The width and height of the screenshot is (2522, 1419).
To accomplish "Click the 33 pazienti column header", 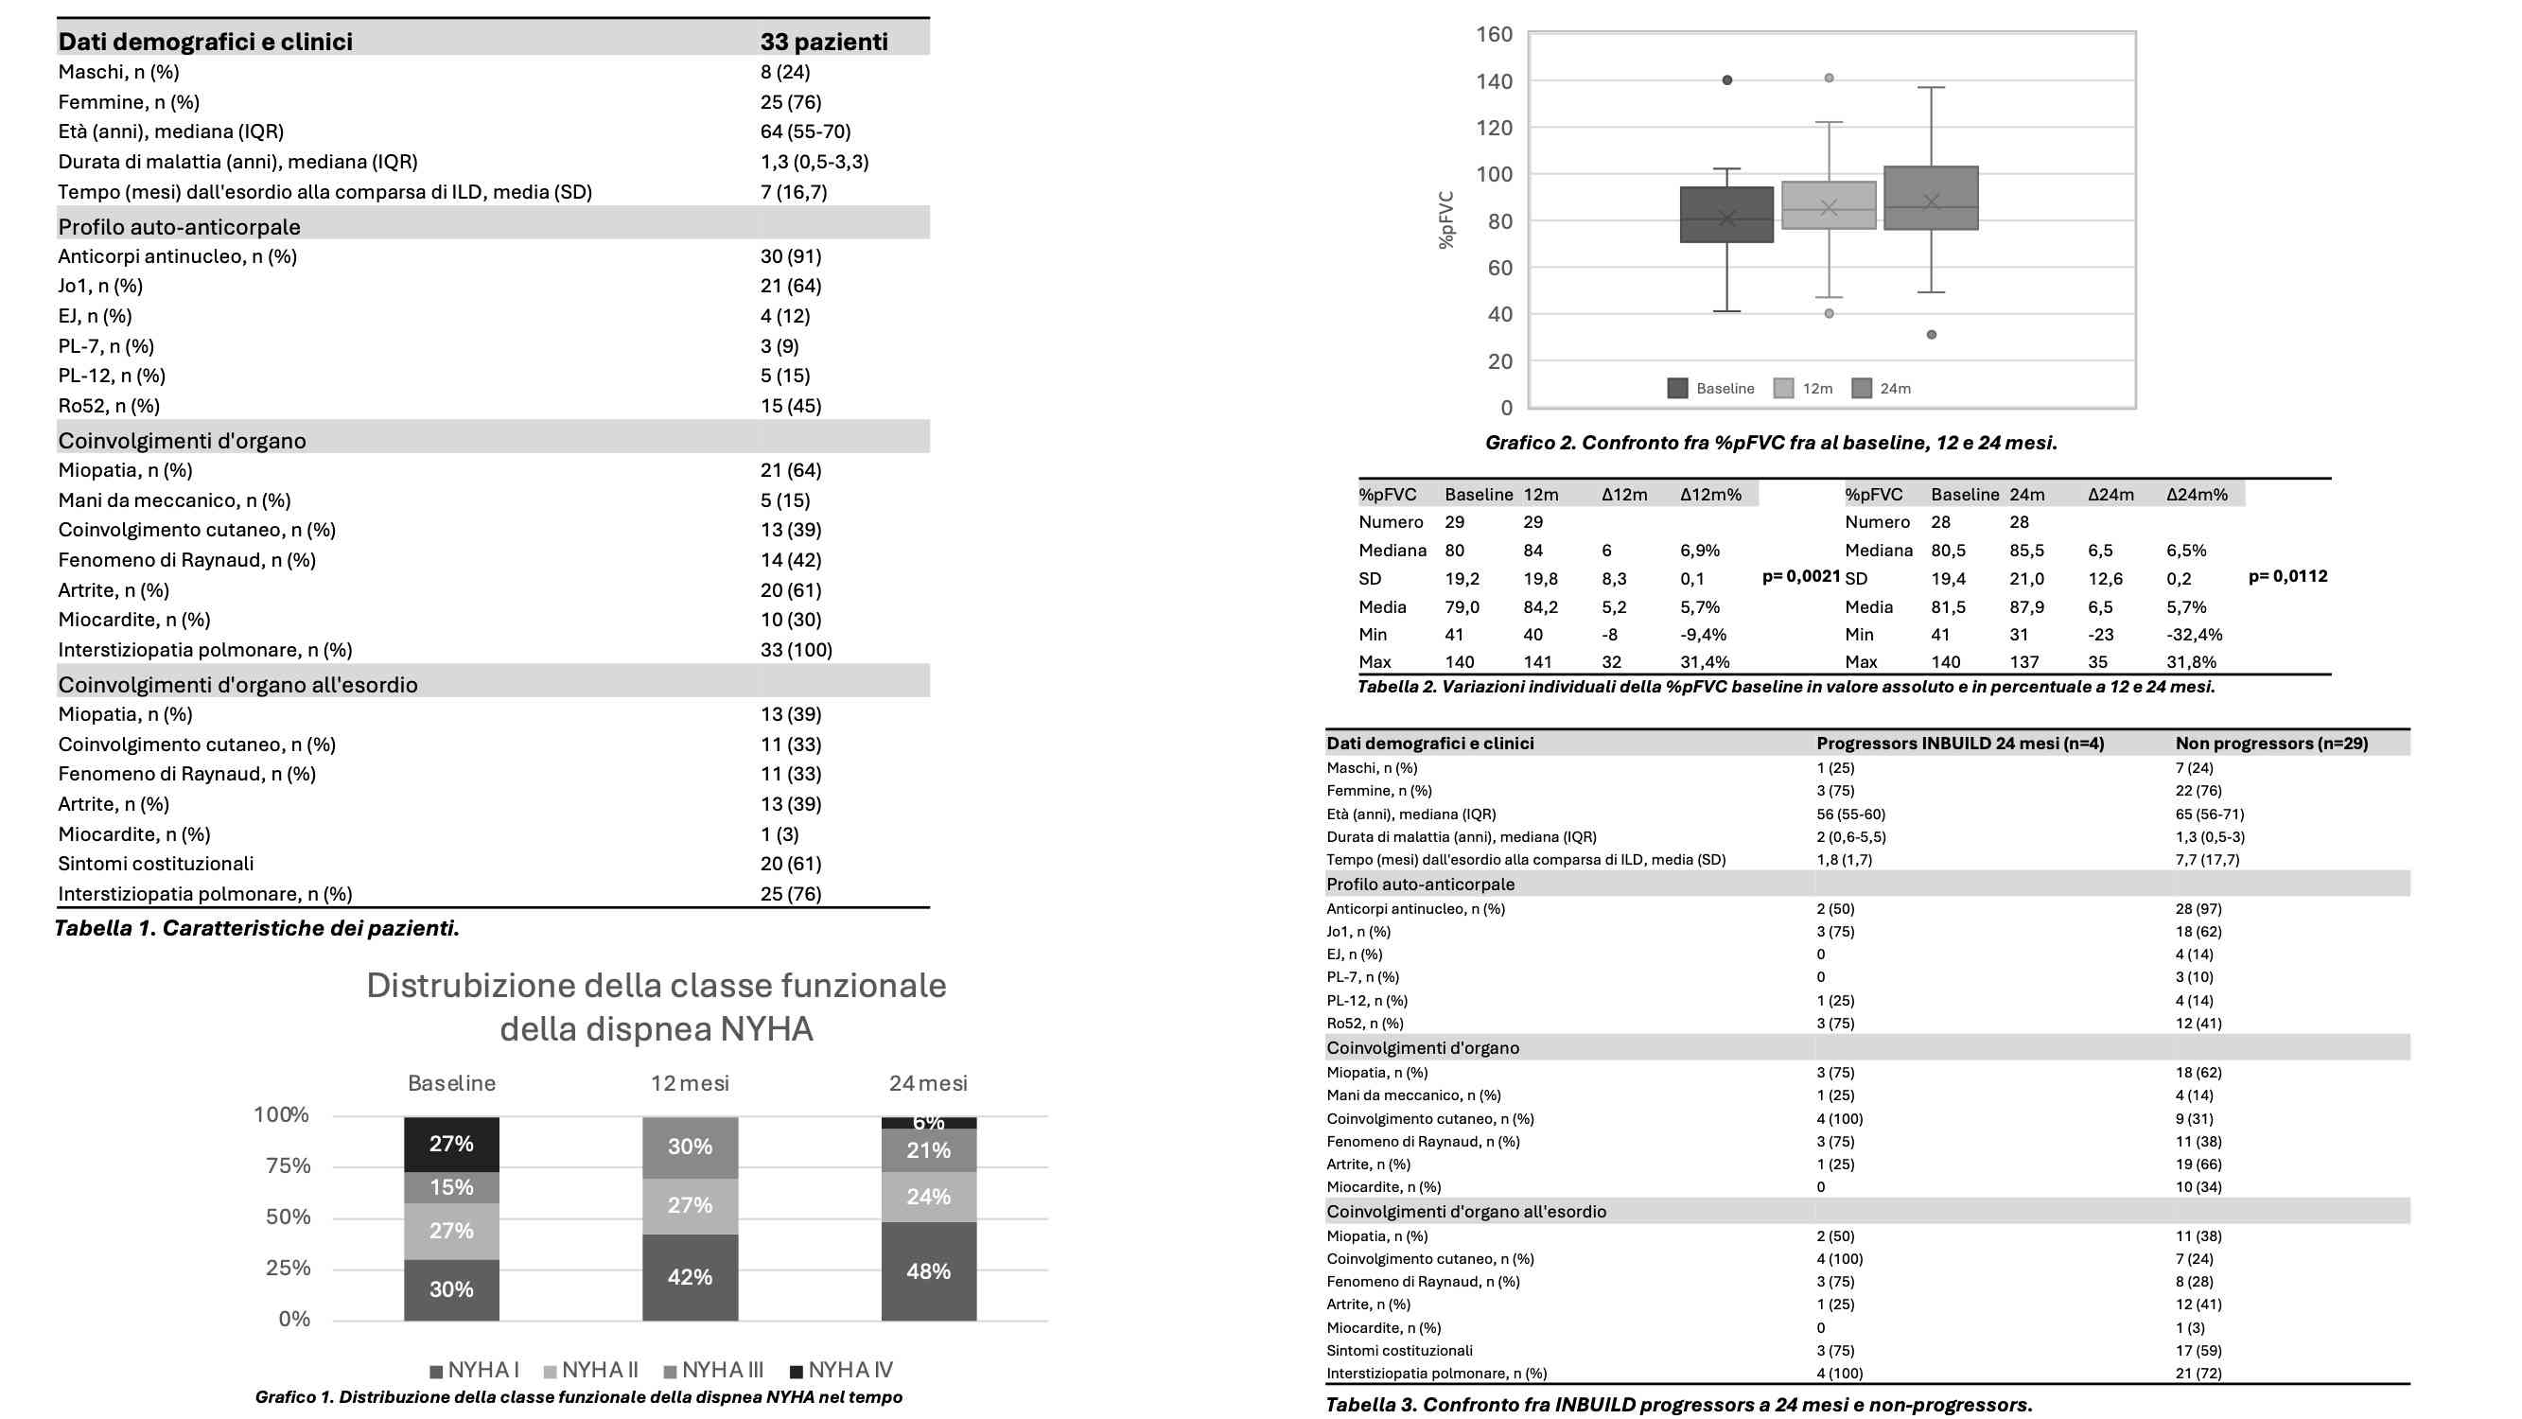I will [823, 41].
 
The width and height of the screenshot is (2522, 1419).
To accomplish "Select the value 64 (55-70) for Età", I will [805, 131].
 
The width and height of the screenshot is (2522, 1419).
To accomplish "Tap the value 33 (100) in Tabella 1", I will [796, 649].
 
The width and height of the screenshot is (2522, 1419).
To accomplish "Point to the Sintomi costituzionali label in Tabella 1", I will [156, 864].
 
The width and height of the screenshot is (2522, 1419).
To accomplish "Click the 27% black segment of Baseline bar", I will [451, 1144].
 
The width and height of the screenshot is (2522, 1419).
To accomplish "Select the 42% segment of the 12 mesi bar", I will [691, 1277].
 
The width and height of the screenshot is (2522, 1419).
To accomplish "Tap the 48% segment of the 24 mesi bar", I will [928, 1271].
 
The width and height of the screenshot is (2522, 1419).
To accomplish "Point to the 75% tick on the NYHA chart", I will [282, 1165].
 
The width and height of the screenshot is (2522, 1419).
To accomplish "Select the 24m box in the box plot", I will [1931, 198].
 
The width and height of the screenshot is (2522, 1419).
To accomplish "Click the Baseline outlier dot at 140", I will [1727, 80].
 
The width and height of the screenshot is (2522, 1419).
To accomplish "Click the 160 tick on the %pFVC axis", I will [1494, 34].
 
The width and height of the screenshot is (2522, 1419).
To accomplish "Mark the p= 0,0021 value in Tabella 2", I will [1801, 576].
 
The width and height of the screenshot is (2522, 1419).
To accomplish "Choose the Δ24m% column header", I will [2196, 495].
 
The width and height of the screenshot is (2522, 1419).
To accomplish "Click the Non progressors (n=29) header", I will [2271, 744].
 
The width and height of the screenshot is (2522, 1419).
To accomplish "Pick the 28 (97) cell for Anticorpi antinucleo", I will [2198, 909].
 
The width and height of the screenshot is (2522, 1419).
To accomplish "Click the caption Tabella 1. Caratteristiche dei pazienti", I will [256, 928].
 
